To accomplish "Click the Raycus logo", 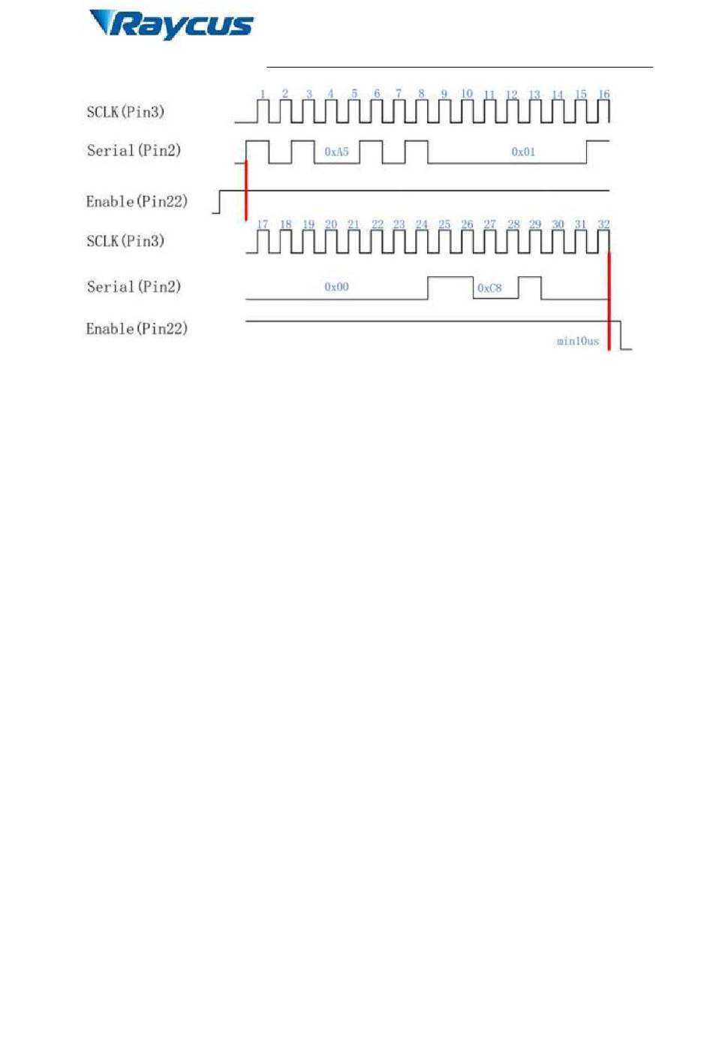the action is (171, 25).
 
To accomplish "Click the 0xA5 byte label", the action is (336, 152).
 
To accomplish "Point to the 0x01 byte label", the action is (523, 152).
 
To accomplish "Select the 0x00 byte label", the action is (336, 287).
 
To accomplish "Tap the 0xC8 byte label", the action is (489, 288).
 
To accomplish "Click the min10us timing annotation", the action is (578, 341).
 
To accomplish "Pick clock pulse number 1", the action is (263, 95).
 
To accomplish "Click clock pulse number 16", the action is (603, 95).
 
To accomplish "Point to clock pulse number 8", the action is (421, 94).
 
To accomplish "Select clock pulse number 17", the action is (263, 224).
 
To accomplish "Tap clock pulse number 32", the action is (603, 224).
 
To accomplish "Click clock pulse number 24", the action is (421, 224).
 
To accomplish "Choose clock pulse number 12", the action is (512, 95).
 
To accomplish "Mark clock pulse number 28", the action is (513, 224).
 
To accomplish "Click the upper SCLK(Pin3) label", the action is (125, 112).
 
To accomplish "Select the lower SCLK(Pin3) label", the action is (125, 241).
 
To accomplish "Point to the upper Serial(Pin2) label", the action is (134, 150).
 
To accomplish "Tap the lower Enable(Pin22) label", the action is (137, 329).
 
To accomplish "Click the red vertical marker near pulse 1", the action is (246, 190).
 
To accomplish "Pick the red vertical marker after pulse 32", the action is (609, 302).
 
